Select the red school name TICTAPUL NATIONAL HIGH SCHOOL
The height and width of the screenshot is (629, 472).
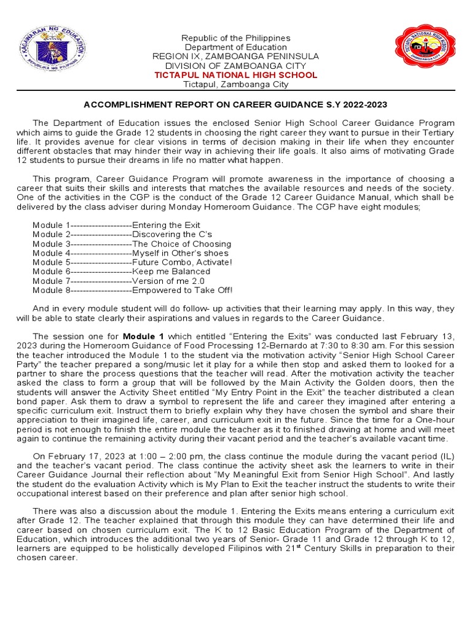pyautogui.click(x=236, y=75)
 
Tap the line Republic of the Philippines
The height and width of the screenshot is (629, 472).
pyautogui.click(x=236, y=38)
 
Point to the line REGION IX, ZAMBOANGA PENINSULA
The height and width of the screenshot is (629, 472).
pyautogui.click(x=236, y=57)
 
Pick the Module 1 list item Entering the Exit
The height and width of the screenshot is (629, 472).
pyautogui.click(x=116, y=225)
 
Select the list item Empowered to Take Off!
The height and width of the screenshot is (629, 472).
pyautogui.click(x=132, y=290)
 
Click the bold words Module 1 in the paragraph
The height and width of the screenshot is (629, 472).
pyautogui.click(x=143, y=337)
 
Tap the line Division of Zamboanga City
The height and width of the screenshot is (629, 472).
pyautogui.click(x=236, y=66)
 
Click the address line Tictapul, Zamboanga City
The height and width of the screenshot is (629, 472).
pyautogui.click(x=236, y=84)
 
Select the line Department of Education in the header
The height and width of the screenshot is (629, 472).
pyautogui.click(x=236, y=47)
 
